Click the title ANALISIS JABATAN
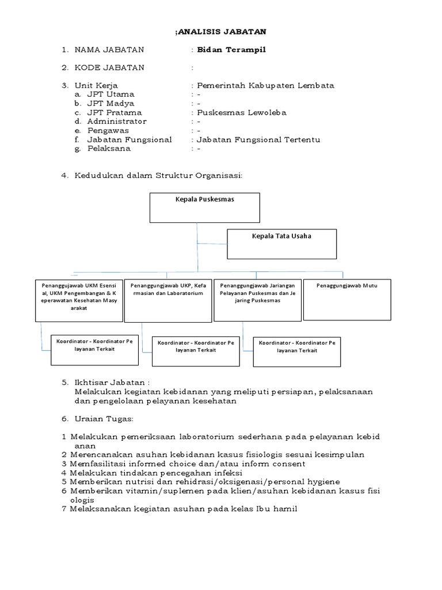(222, 32)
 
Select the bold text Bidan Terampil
(231, 50)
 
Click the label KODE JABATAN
(109, 67)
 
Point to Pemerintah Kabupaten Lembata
(265, 85)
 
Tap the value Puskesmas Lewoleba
(242, 112)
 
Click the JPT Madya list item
(110, 103)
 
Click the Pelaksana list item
(109, 149)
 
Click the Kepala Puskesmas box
(205, 207)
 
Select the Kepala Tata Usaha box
(281, 244)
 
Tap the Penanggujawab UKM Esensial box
(79, 300)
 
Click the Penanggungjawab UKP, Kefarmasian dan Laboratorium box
(168, 300)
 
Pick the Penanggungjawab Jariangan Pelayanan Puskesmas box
(257, 300)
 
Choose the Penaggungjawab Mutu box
(347, 300)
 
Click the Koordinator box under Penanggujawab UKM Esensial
(94, 349)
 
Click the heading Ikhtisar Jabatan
(112, 383)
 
